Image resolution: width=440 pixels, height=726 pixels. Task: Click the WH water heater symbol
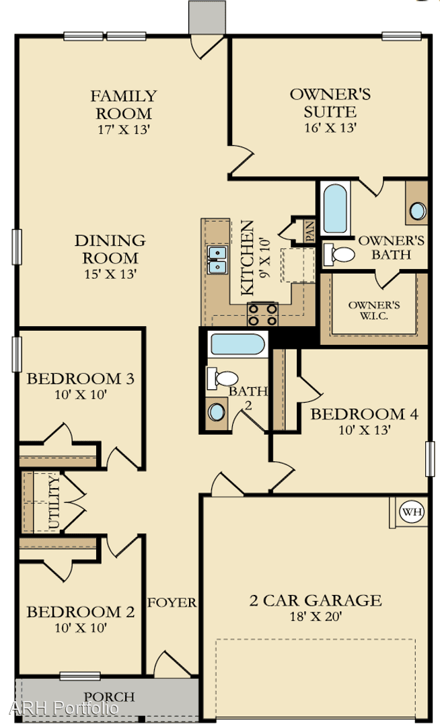tap(412, 512)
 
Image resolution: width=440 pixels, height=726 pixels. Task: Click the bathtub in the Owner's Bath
tap(334, 208)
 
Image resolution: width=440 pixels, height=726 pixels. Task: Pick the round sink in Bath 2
tap(217, 411)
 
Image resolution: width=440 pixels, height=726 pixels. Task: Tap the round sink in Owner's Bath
tap(417, 211)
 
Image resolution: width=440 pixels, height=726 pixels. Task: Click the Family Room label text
tap(124, 104)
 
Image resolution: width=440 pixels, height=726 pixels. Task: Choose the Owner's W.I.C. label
tap(374, 310)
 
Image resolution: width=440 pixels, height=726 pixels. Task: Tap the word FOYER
tap(172, 602)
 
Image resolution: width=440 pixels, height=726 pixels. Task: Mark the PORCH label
tap(108, 697)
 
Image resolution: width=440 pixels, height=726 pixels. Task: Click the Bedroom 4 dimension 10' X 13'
tap(363, 431)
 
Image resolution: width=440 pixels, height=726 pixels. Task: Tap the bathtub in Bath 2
tap(237, 345)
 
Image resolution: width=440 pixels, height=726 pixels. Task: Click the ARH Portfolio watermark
tap(64, 709)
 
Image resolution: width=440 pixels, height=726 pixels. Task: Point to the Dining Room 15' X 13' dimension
tap(110, 274)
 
